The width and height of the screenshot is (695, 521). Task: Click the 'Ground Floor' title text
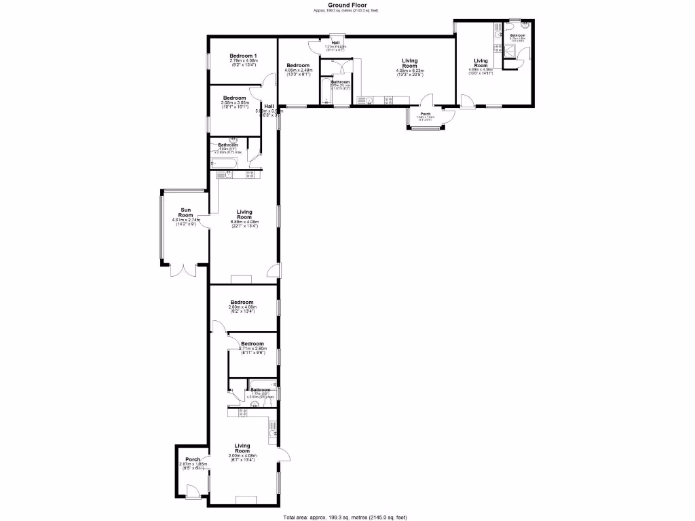347,4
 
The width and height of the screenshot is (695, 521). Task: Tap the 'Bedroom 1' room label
242,56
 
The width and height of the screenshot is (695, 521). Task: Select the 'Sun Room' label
186,212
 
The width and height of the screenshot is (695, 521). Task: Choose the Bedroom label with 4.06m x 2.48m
299,66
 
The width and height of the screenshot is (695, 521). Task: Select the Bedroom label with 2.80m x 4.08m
242,303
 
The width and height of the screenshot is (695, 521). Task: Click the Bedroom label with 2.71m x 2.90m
251,344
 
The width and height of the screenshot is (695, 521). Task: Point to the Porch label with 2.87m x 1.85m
192,459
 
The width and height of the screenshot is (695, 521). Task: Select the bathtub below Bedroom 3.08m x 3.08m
223,163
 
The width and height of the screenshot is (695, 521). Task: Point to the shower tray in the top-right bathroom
509,56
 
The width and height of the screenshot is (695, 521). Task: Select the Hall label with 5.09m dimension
269,107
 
